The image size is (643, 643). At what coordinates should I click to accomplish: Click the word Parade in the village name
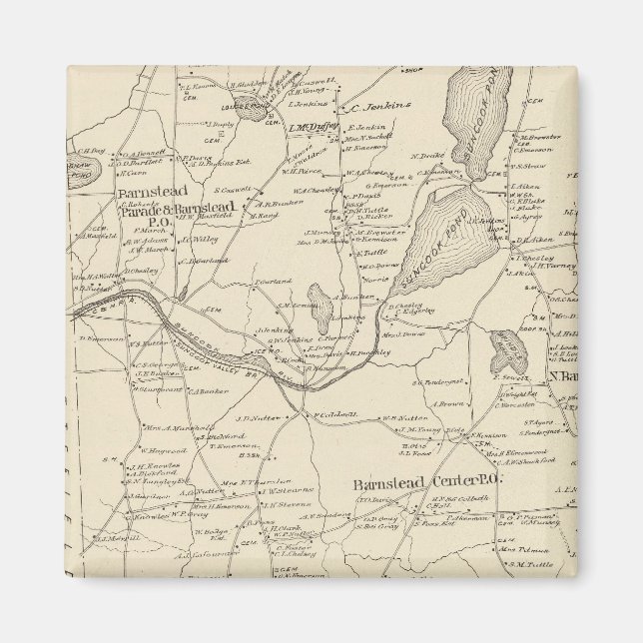(140, 211)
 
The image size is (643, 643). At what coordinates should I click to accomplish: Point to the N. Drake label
(426, 156)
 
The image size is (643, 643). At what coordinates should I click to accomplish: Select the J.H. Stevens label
(282, 504)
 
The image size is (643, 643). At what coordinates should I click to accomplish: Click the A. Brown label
(451, 404)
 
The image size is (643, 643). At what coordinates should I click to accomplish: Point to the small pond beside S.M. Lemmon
(321, 318)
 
